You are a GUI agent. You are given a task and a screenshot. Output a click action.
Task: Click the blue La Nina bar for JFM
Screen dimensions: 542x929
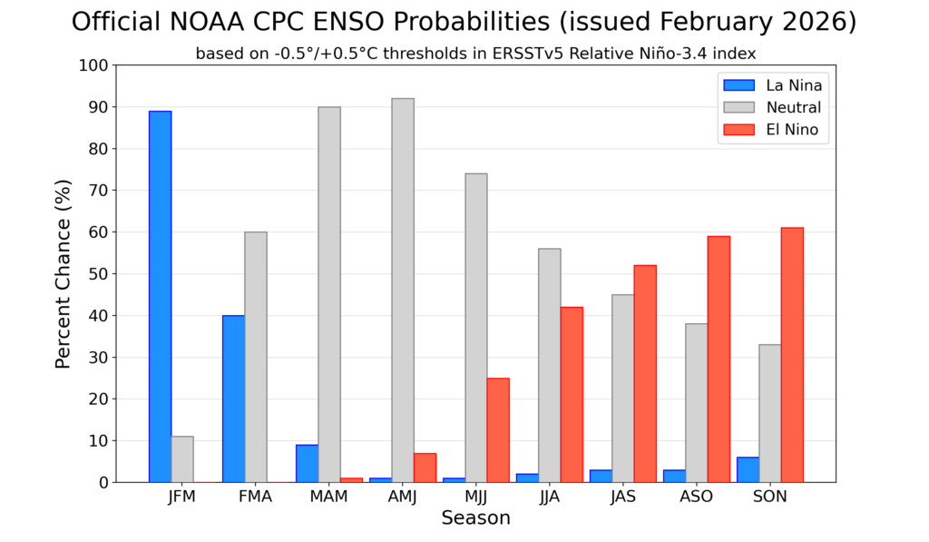160,296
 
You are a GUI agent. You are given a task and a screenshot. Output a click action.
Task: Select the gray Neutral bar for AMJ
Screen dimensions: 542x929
402,290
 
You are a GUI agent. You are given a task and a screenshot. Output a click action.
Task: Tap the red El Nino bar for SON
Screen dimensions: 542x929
791,355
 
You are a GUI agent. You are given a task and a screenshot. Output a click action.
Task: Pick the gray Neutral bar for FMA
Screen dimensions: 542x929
255,357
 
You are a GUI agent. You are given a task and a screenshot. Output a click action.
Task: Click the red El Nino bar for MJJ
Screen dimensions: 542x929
497,429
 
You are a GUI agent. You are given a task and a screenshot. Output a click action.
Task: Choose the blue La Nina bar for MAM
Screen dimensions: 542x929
307,463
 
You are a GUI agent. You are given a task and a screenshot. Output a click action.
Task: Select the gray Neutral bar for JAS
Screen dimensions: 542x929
622,388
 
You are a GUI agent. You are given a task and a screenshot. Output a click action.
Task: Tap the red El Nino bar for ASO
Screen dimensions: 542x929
718,359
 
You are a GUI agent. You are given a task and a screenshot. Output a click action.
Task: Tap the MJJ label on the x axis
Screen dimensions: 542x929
475,498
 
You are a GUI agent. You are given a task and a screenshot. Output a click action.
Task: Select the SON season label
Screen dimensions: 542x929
769,498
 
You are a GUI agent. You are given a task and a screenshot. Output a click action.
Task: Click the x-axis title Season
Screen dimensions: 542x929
475,518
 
